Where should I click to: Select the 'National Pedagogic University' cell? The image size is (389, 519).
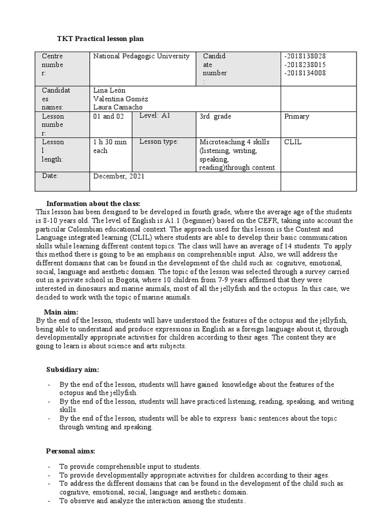(x=141, y=56)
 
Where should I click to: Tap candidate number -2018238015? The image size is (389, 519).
(x=305, y=65)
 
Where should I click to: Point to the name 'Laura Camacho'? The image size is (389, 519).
(x=118, y=107)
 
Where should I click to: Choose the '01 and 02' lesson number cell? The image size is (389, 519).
(x=108, y=117)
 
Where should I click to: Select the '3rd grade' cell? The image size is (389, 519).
(x=215, y=117)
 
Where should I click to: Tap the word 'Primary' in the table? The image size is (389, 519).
(x=297, y=117)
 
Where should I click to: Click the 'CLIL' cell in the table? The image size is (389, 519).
(x=293, y=142)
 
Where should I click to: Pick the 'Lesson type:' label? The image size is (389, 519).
(x=159, y=142)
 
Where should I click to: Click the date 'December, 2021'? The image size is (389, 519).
(x=119, y=176)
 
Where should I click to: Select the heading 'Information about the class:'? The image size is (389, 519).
(x=96, y=203)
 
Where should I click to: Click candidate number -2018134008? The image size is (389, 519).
(x=305, y=73)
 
